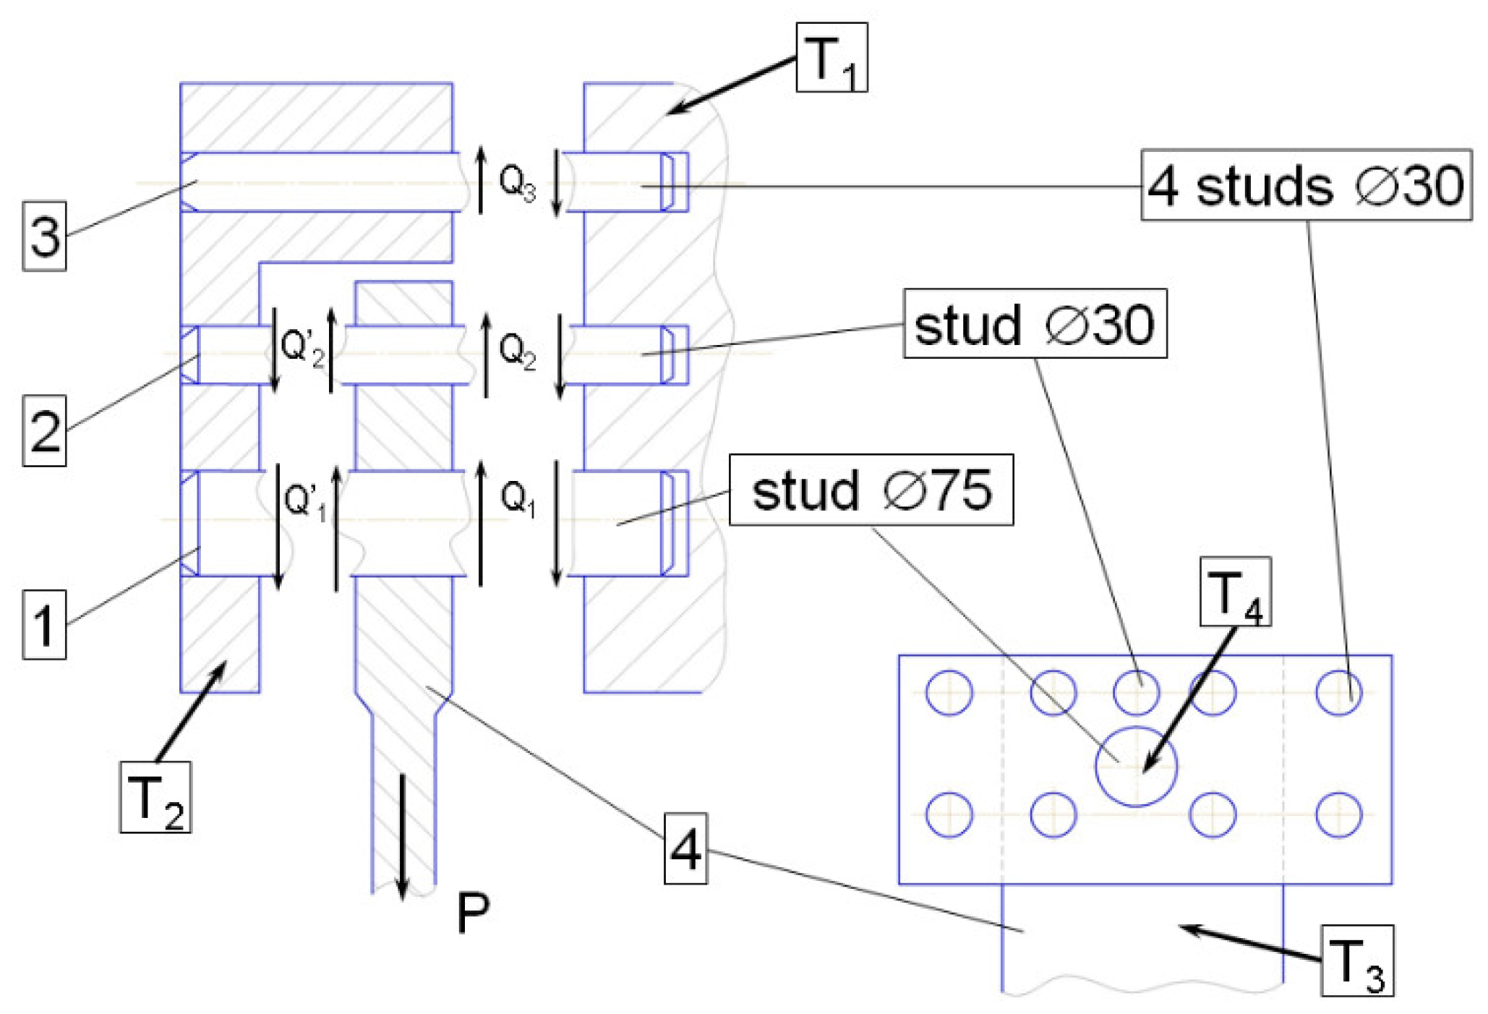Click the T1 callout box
(831, 58)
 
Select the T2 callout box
(155, 796)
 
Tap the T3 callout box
(1356, 960)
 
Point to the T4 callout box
(1235, 592)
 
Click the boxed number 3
(45, 237)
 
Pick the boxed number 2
(45, 430)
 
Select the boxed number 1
(45, 624)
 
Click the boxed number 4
(685, 848)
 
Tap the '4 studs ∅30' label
(1306, 185)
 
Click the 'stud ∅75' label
(871, 490)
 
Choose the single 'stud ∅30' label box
(1035, 324)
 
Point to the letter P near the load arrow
(473, 913)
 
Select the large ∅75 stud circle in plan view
(1136, 767)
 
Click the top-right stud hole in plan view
(1338, 692)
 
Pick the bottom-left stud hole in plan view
(949, 814)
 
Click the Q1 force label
(518, 499)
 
